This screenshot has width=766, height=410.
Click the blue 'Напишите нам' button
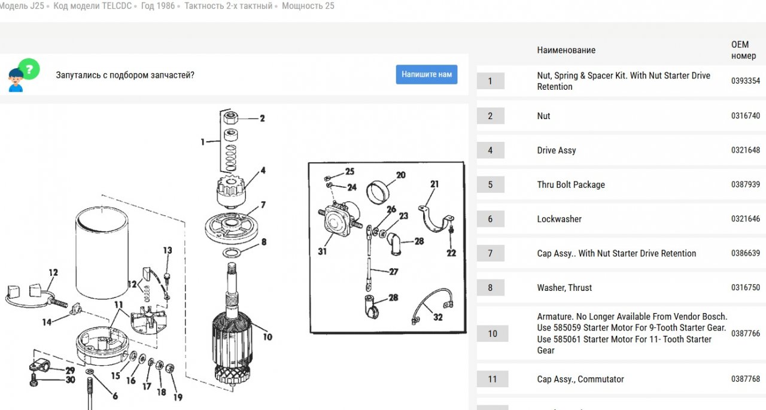pyautogui.click(x=427, y=75)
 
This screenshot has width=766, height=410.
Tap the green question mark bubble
pyautogui.click(x=29, y=69)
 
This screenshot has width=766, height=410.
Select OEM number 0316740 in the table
pyautogui.click(x=746, y=116)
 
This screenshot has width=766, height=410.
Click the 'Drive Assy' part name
pyautogui.click(x=557, y=150)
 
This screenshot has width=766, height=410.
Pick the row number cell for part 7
pyautogui.click(x=490, y=253)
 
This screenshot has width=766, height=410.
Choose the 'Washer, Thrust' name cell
pyautogui.click(x=564, y=287)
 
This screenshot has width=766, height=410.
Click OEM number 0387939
pyautogui.click(x=746, y=184)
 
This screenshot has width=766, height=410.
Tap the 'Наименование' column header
pyautogui.click(x=566, y=50)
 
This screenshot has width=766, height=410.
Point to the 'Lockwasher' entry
pyautogui.click(x=559, y=219)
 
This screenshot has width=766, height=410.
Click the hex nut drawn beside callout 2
pyautogui.click(x=230, y=118)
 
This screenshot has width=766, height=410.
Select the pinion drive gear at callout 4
pyautogui.click(x=231, y=191)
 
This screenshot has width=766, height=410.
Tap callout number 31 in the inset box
pyautogui.click(x=322, y=251)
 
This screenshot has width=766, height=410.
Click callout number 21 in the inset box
pyautogui.click(x=434, y=184)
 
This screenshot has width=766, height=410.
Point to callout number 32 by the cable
pyautogui.click(x=437, y=317)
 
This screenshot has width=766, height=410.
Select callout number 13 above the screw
pyautogui.click(x=168, y=250)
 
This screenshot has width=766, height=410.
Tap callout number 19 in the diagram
pyautogui.click(x=178, y=397)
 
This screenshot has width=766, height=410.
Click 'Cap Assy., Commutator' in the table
pyautogui.click(x=580, y=379)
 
